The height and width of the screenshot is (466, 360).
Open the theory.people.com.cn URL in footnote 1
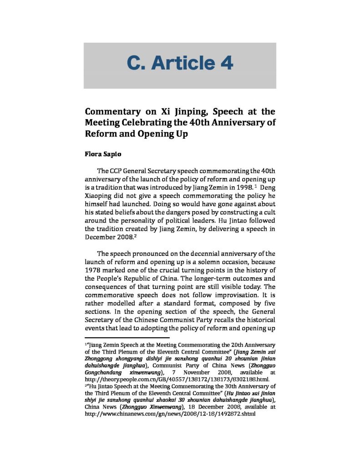coord(177,379)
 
